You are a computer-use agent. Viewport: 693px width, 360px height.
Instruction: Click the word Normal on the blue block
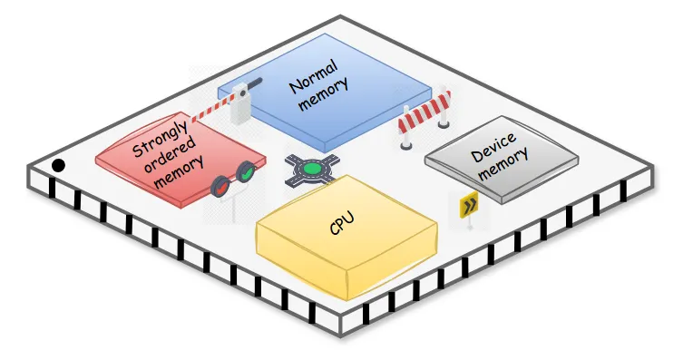click(314, 77)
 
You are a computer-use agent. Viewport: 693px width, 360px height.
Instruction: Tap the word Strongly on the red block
click(160, 139)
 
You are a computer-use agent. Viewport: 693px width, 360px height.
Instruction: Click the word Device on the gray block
click(493, 147)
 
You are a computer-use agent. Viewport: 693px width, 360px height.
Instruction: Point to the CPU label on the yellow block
click(342, 223)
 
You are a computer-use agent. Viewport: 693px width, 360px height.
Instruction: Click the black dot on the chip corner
click(58, 166)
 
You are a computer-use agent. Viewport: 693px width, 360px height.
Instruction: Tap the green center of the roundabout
click(312, 169)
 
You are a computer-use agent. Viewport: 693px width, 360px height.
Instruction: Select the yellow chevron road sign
click(469, 204)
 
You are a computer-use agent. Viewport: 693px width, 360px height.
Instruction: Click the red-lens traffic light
click(220, 187)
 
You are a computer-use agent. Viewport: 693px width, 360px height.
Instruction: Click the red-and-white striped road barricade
click(425, 118)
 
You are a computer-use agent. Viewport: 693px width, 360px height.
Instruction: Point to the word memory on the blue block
click(324, 93)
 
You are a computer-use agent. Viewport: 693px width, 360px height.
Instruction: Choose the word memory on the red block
click(180, 171)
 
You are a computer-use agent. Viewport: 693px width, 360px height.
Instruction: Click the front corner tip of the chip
click(341, 336)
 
